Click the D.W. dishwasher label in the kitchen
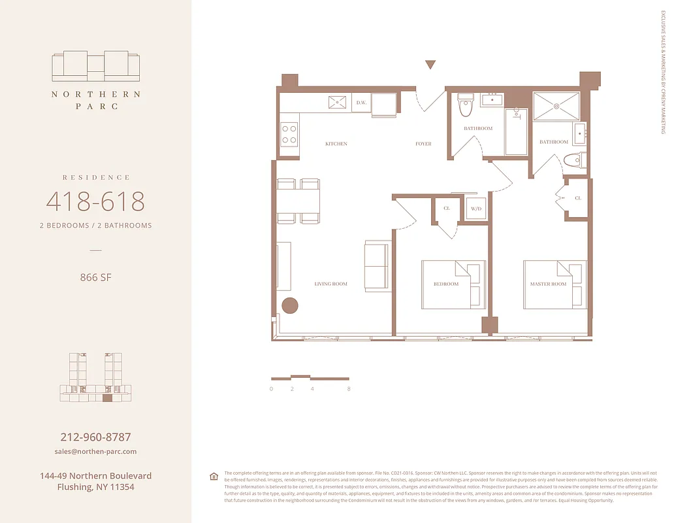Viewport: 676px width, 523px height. (361, 103)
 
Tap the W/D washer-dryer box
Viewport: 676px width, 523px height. (476, 209)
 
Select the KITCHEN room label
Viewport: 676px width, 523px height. (336, 144)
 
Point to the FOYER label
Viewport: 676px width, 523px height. (423, 144)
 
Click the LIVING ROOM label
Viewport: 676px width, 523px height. (330, 284)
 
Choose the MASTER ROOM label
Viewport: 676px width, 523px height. (548, 284)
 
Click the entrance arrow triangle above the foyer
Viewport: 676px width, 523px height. (430, 64)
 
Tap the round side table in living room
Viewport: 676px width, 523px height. (289, 305)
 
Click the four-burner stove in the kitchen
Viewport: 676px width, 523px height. (289, 135)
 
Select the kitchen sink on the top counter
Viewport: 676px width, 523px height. (338, 103)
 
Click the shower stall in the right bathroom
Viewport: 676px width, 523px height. (556, 106)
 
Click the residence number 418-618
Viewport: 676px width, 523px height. (95, 201)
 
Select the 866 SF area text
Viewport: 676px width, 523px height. (95, 277)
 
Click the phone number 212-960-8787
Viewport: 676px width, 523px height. (95, 437)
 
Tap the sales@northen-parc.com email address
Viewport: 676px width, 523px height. (95, 452)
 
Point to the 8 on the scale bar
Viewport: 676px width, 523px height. (349, 389)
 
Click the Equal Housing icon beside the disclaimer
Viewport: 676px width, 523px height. (214, 477)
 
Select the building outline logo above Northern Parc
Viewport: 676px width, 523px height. (95, 65)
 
